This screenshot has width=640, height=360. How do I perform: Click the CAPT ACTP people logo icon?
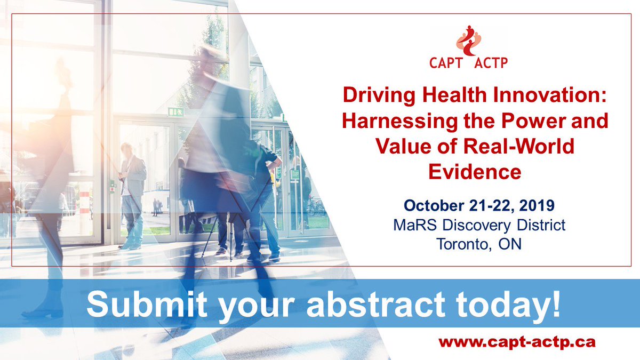(469, 41)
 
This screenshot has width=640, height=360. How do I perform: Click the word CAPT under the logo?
(446, 63)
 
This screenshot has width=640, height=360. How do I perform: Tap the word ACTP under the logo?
(491, 63)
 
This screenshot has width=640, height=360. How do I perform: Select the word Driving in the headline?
(379, 96)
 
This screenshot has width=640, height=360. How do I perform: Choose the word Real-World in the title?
(518, 146)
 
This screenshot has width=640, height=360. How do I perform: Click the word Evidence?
(475, 172)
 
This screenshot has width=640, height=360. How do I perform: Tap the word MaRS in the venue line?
(415, 225)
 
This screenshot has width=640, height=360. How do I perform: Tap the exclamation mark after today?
(556, 303)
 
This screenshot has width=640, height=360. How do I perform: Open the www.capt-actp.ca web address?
(517, 342)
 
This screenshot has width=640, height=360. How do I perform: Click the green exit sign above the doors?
(176, 111)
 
